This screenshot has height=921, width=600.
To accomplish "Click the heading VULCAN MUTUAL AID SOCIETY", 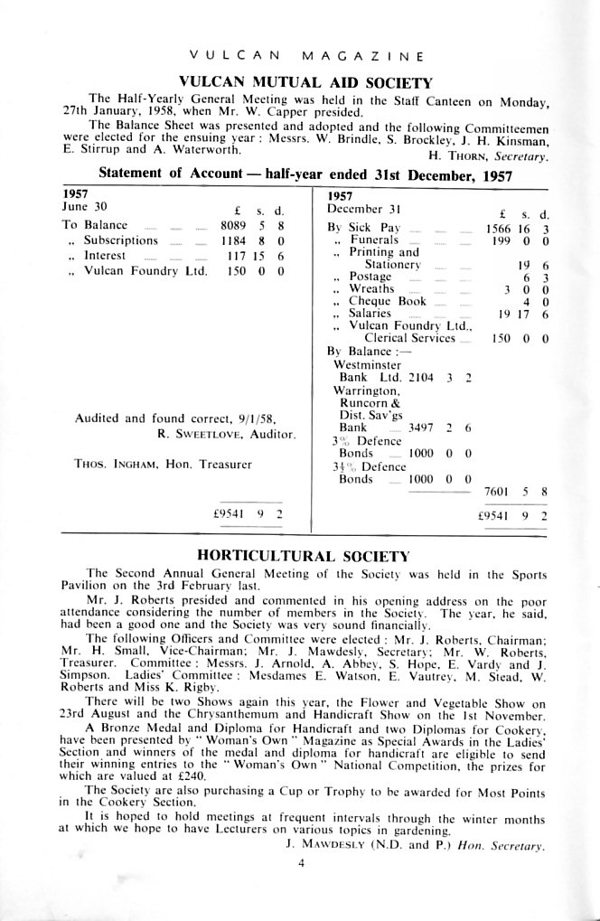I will coord(306,81).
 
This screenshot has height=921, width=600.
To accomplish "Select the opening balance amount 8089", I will coord(233,226).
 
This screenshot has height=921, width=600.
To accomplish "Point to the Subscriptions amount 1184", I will coord(233,241).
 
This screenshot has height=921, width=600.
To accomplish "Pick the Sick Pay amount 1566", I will coord(500,230).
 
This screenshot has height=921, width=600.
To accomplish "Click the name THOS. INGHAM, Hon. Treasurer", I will coord(164,465).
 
